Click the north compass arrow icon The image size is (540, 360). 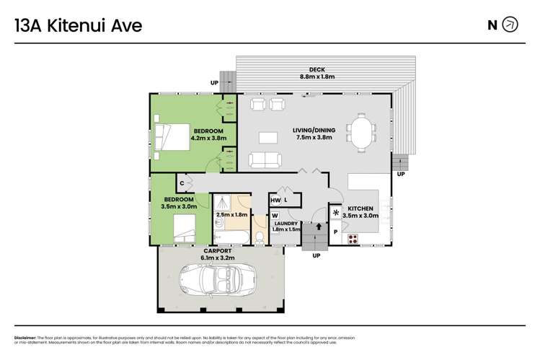coord(510,25)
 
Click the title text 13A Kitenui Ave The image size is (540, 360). coord(79,26)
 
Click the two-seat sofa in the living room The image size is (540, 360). coord(265,160)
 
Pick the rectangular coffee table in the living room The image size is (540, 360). coord(268,136)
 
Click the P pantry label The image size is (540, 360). coord(335,232)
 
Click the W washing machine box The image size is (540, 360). coord(275,215)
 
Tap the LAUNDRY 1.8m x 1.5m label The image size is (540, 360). coord(286,227)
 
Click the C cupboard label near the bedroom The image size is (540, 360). coord(182,183)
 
